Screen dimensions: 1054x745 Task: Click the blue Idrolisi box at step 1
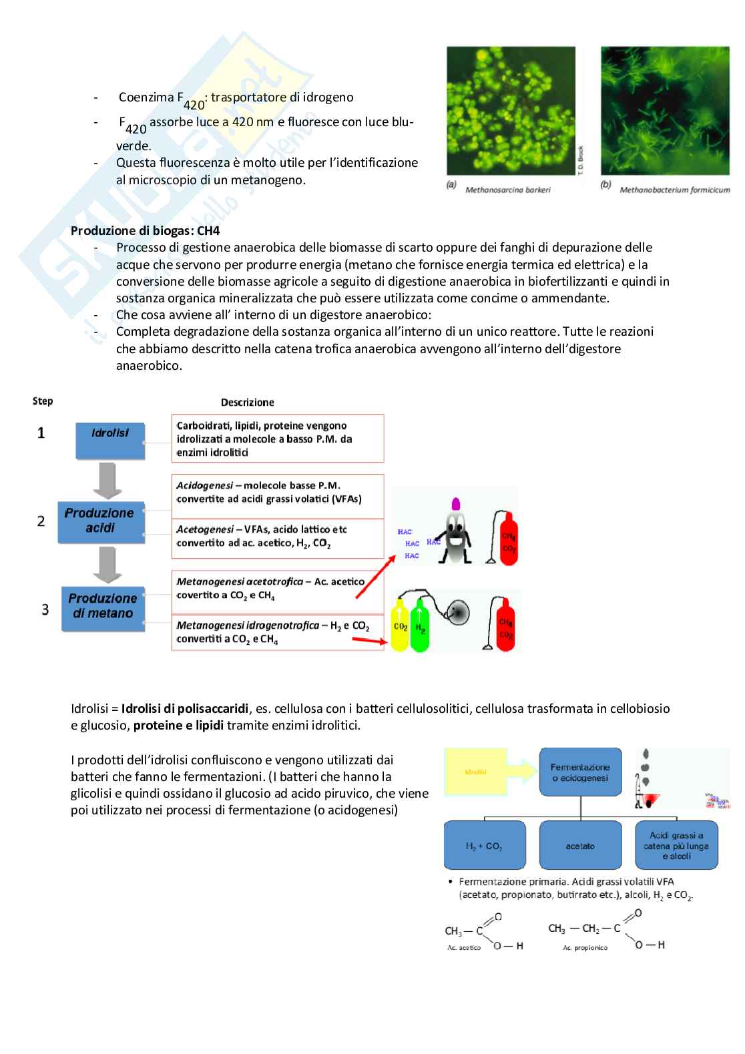(x=110, y=440)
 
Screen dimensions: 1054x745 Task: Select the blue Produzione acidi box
(x=101, y=521)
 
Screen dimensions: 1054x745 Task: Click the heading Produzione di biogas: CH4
(x=145, y=230)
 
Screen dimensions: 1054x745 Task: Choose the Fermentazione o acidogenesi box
(x=580, y=772)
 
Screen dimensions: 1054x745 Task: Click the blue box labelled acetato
(x=580, y=846)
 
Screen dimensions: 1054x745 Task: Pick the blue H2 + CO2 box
(x=484, y=846)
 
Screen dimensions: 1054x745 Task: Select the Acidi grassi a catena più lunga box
(x=677, y=845)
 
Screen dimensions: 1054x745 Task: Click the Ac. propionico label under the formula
(x=585, y=948)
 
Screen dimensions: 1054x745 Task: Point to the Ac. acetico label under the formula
(x=464, y=948)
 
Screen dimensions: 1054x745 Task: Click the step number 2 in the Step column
(x=41, y=521)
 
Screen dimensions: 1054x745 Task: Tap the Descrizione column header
(x=247, y=403)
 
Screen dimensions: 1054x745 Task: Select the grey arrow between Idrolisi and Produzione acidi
(x=106, y=481)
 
